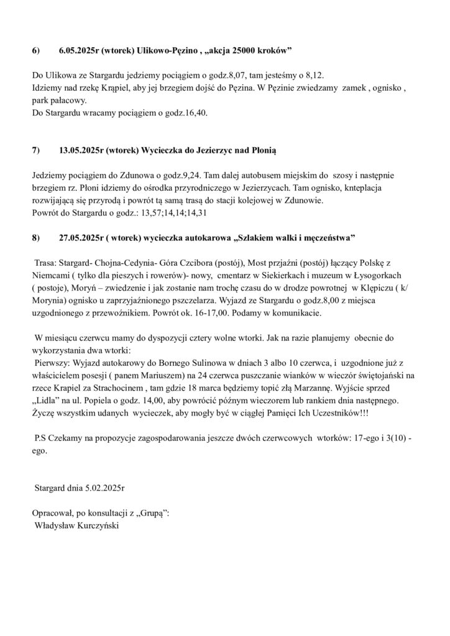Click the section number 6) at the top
[35, 50]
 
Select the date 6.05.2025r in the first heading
[80, 50]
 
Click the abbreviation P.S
[40, 439]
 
